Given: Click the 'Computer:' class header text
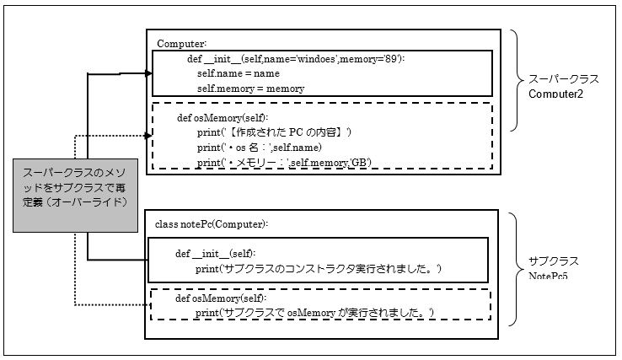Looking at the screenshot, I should [x=181, y=42].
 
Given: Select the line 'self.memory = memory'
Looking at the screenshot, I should [x=250, y=88].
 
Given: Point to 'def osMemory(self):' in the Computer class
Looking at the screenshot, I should [x=223, y=119].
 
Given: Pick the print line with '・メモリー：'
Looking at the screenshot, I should [x=284, y=162].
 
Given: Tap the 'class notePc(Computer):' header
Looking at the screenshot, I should [x=212, y=224].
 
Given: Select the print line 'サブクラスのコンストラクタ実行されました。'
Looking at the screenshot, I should [x=319, y=268].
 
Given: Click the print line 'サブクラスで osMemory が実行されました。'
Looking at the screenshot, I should [x=314, y=313].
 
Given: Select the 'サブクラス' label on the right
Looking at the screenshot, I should [x=554, y=261].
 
